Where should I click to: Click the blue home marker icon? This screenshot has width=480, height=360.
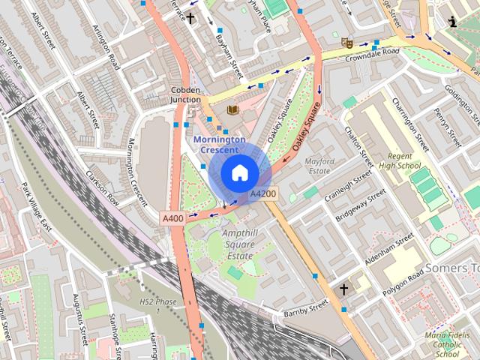click(239, 173)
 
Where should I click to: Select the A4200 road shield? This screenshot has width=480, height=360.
click(262, 193)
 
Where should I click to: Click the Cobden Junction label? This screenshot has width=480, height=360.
click(184, 93)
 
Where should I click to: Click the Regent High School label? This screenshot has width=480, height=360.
click(399, 160)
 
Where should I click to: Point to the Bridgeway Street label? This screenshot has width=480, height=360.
click(360, 205)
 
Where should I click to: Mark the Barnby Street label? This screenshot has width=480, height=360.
click(305, 308)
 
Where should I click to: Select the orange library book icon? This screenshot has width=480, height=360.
click(232, 110)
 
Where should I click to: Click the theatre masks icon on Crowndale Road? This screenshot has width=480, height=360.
click(346, 42)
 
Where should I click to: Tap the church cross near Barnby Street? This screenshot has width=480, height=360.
click(344, 289)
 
